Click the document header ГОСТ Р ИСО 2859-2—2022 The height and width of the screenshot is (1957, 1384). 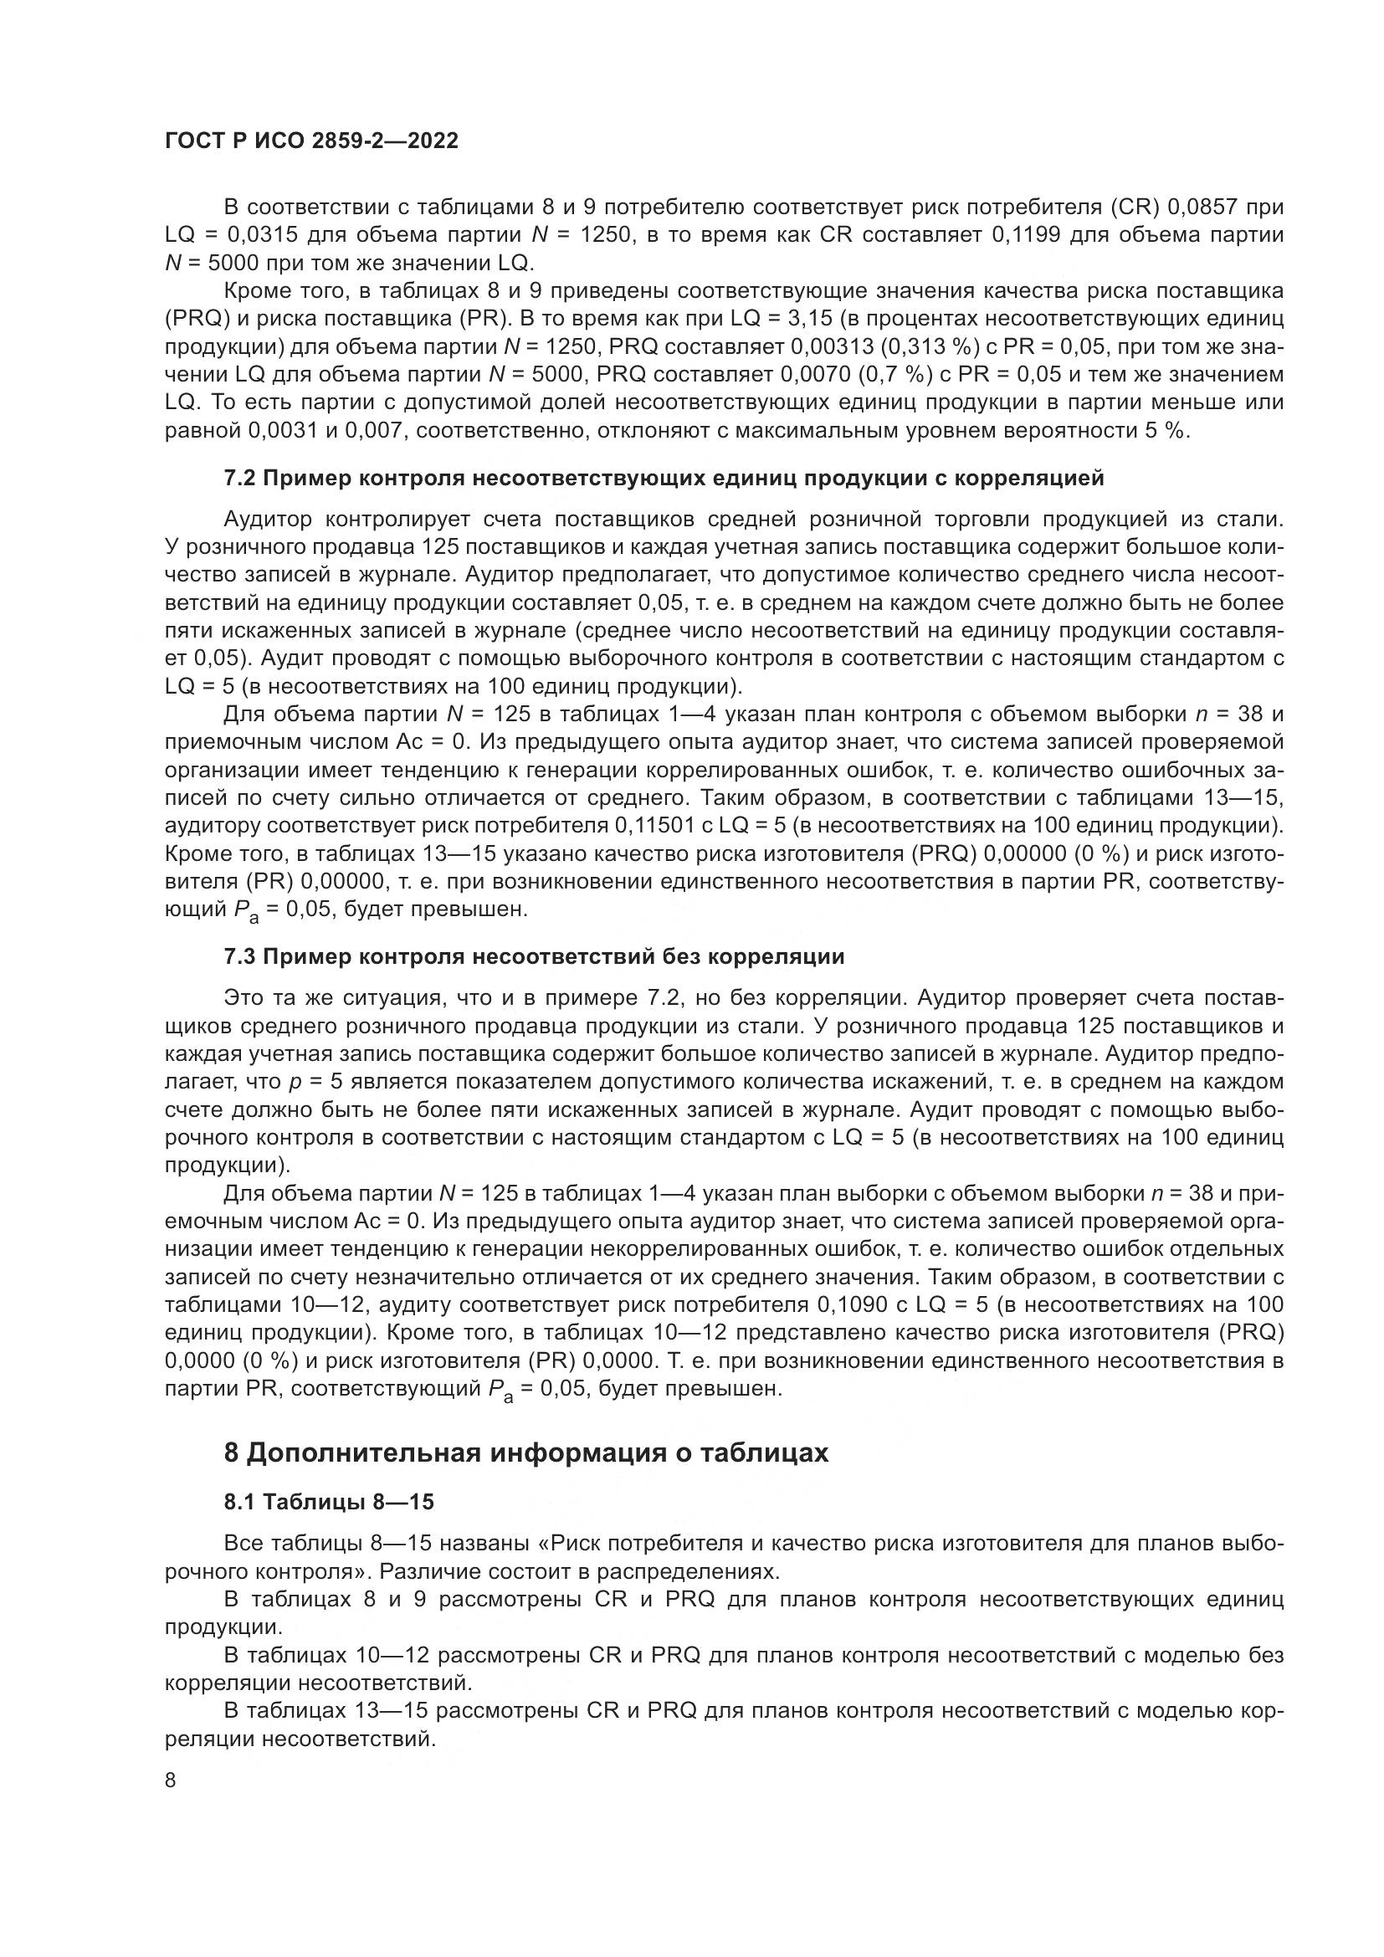[311, 141]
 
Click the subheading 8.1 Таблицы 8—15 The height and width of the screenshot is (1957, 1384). [329, 1502]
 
